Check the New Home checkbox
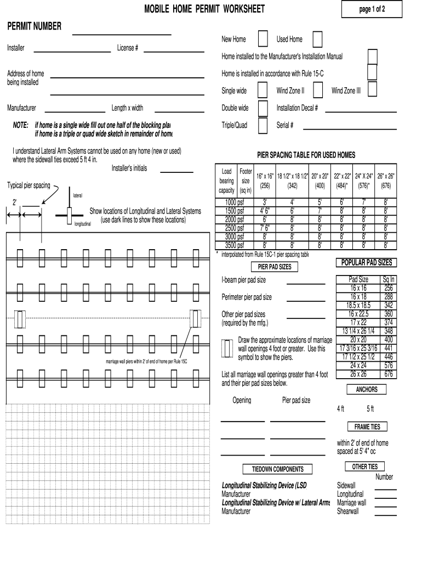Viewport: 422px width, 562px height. (263, 40)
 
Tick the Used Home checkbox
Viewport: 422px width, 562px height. (317, 40)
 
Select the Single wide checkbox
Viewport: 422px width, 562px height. (263, 90)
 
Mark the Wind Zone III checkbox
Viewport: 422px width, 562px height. (373, 90)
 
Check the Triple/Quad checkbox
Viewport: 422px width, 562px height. (263, 125)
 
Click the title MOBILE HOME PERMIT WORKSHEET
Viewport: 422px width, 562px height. (204, 9)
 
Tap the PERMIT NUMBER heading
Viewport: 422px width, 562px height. (34, 26)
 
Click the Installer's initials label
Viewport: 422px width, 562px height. (129, 168)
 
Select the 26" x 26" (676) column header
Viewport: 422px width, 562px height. (386, 181)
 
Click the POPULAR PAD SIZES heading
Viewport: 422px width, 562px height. (367, 263)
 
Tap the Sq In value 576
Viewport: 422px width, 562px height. (389, 365)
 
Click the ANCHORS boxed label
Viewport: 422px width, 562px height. (367, 390)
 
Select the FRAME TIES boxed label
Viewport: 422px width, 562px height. (367, 426)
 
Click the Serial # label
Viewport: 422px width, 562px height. (285, 125)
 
